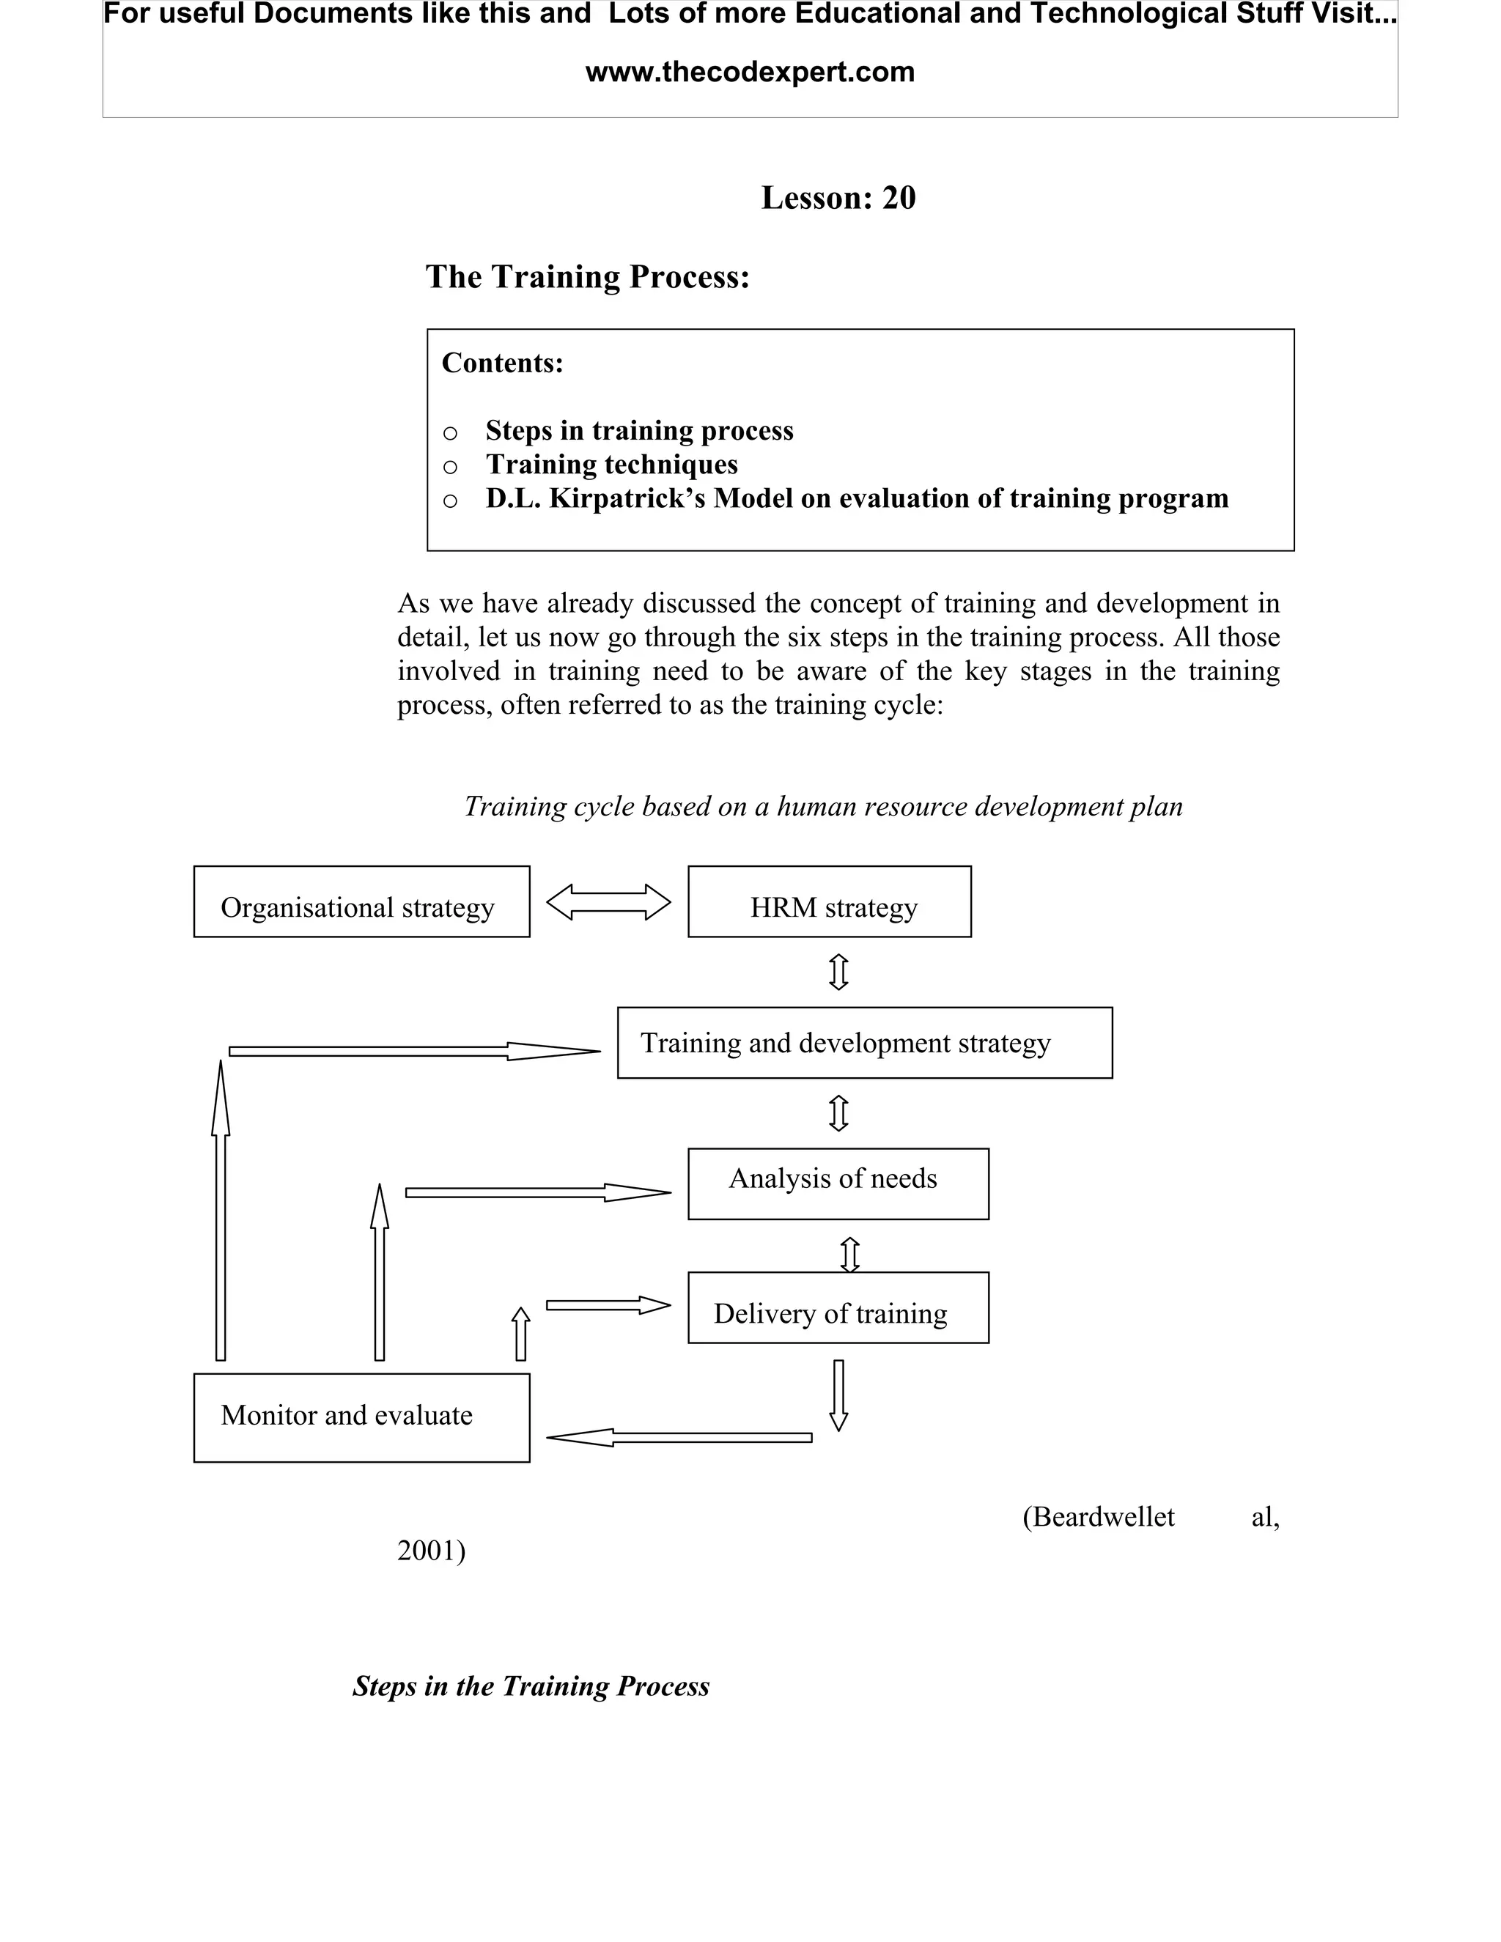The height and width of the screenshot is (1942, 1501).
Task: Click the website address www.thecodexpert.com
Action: click(750, 72)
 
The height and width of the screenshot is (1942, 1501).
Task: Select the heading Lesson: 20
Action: click(838, 197)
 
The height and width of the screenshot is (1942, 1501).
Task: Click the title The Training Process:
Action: click(588, 276)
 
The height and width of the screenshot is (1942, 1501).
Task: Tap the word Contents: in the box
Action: click(502, 363)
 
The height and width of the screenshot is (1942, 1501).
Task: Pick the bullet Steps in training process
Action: click(639, 430)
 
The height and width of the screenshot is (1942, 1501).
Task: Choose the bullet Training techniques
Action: click(612, 464)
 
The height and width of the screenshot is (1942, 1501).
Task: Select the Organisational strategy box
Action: click(361, 901)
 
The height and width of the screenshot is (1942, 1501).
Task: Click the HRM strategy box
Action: click(829, 901)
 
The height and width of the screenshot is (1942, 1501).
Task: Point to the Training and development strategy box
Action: click(864, 1043)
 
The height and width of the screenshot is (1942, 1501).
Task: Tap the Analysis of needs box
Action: click(838, 1184)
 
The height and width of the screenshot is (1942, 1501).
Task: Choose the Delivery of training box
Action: click(838, 1307)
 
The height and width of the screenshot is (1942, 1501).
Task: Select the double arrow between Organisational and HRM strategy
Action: click(608, 901)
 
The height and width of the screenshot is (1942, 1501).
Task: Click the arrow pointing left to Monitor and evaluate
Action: click(678, 1437)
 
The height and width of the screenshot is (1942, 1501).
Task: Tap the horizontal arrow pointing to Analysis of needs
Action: click(537, 1192)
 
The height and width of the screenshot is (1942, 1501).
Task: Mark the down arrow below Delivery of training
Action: click(838, 1395)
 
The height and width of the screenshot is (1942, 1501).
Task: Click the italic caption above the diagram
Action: click(823, 807)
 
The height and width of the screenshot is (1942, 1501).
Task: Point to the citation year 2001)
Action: click(431, 1551)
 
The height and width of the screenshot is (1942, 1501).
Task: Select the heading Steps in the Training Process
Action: click(531, 1686)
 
